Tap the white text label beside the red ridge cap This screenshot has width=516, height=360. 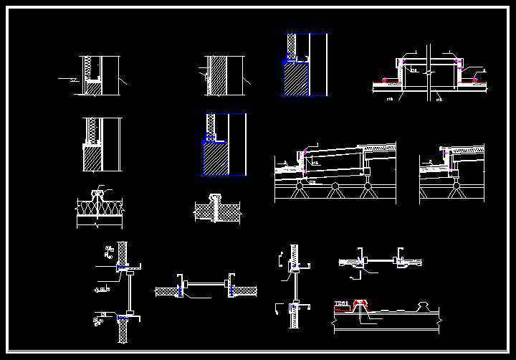pos(342,303)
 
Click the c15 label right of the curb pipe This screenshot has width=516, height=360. pos(439,99)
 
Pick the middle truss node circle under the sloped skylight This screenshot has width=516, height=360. pos(334,188)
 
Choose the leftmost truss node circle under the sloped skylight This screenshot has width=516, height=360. pos(299,188)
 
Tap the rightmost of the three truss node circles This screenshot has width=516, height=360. pos(368,188)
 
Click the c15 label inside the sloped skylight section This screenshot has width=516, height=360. pos(315,164)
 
